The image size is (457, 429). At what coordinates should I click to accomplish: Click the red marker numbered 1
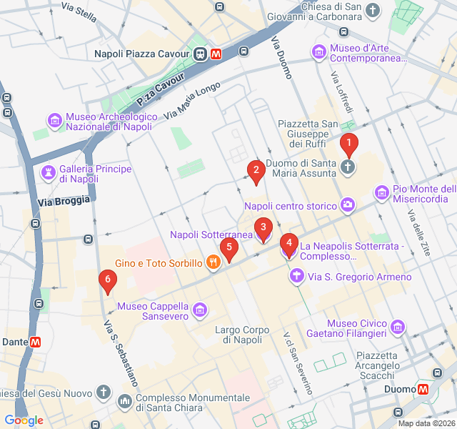click(x=348, y=145)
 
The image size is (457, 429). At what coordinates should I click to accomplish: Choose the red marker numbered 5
click(x=228, y=249)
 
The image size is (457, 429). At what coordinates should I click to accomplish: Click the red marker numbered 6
click(x=107, y=280)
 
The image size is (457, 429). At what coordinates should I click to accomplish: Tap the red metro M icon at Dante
click(x=35, y=342)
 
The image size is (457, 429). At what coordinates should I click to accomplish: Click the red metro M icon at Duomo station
click(x=423, y=389)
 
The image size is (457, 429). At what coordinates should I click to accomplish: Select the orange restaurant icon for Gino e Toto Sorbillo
click(x=212, y=263)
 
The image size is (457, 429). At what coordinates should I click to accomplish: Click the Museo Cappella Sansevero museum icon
click(x=199, y=310)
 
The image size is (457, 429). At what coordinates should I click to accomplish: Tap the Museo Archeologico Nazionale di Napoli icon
click(x=54, y=121)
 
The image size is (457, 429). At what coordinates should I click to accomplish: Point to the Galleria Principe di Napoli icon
click(x=48, y=173)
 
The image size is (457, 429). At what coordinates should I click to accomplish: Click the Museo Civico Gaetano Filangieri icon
click(x=398, y=328)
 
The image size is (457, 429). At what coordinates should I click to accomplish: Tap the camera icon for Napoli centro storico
click(x=347, y=206)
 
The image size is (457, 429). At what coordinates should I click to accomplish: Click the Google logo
click(x=24, y=420)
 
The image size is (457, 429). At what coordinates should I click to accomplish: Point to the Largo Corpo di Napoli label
click(x=243, y=335)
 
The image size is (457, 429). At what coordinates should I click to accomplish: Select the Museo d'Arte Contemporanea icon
click(x=318, y=52)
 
